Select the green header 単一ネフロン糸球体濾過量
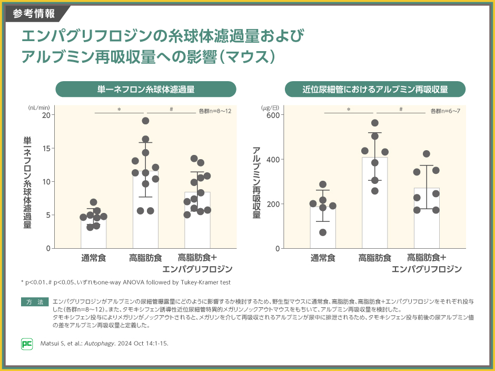(146, 90)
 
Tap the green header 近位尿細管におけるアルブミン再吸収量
(375, 90)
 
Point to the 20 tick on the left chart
(48, 115)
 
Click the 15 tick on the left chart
(48, 148)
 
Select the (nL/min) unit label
(38, 107)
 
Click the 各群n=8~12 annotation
(215, 111)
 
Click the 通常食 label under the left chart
(94, 258)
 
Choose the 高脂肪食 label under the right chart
(374, 258)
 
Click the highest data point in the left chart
(145, 121)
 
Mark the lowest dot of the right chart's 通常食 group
(323, 232)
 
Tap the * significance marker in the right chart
(349, 110)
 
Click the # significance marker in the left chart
(172, 110)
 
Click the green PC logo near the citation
(26, 344)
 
